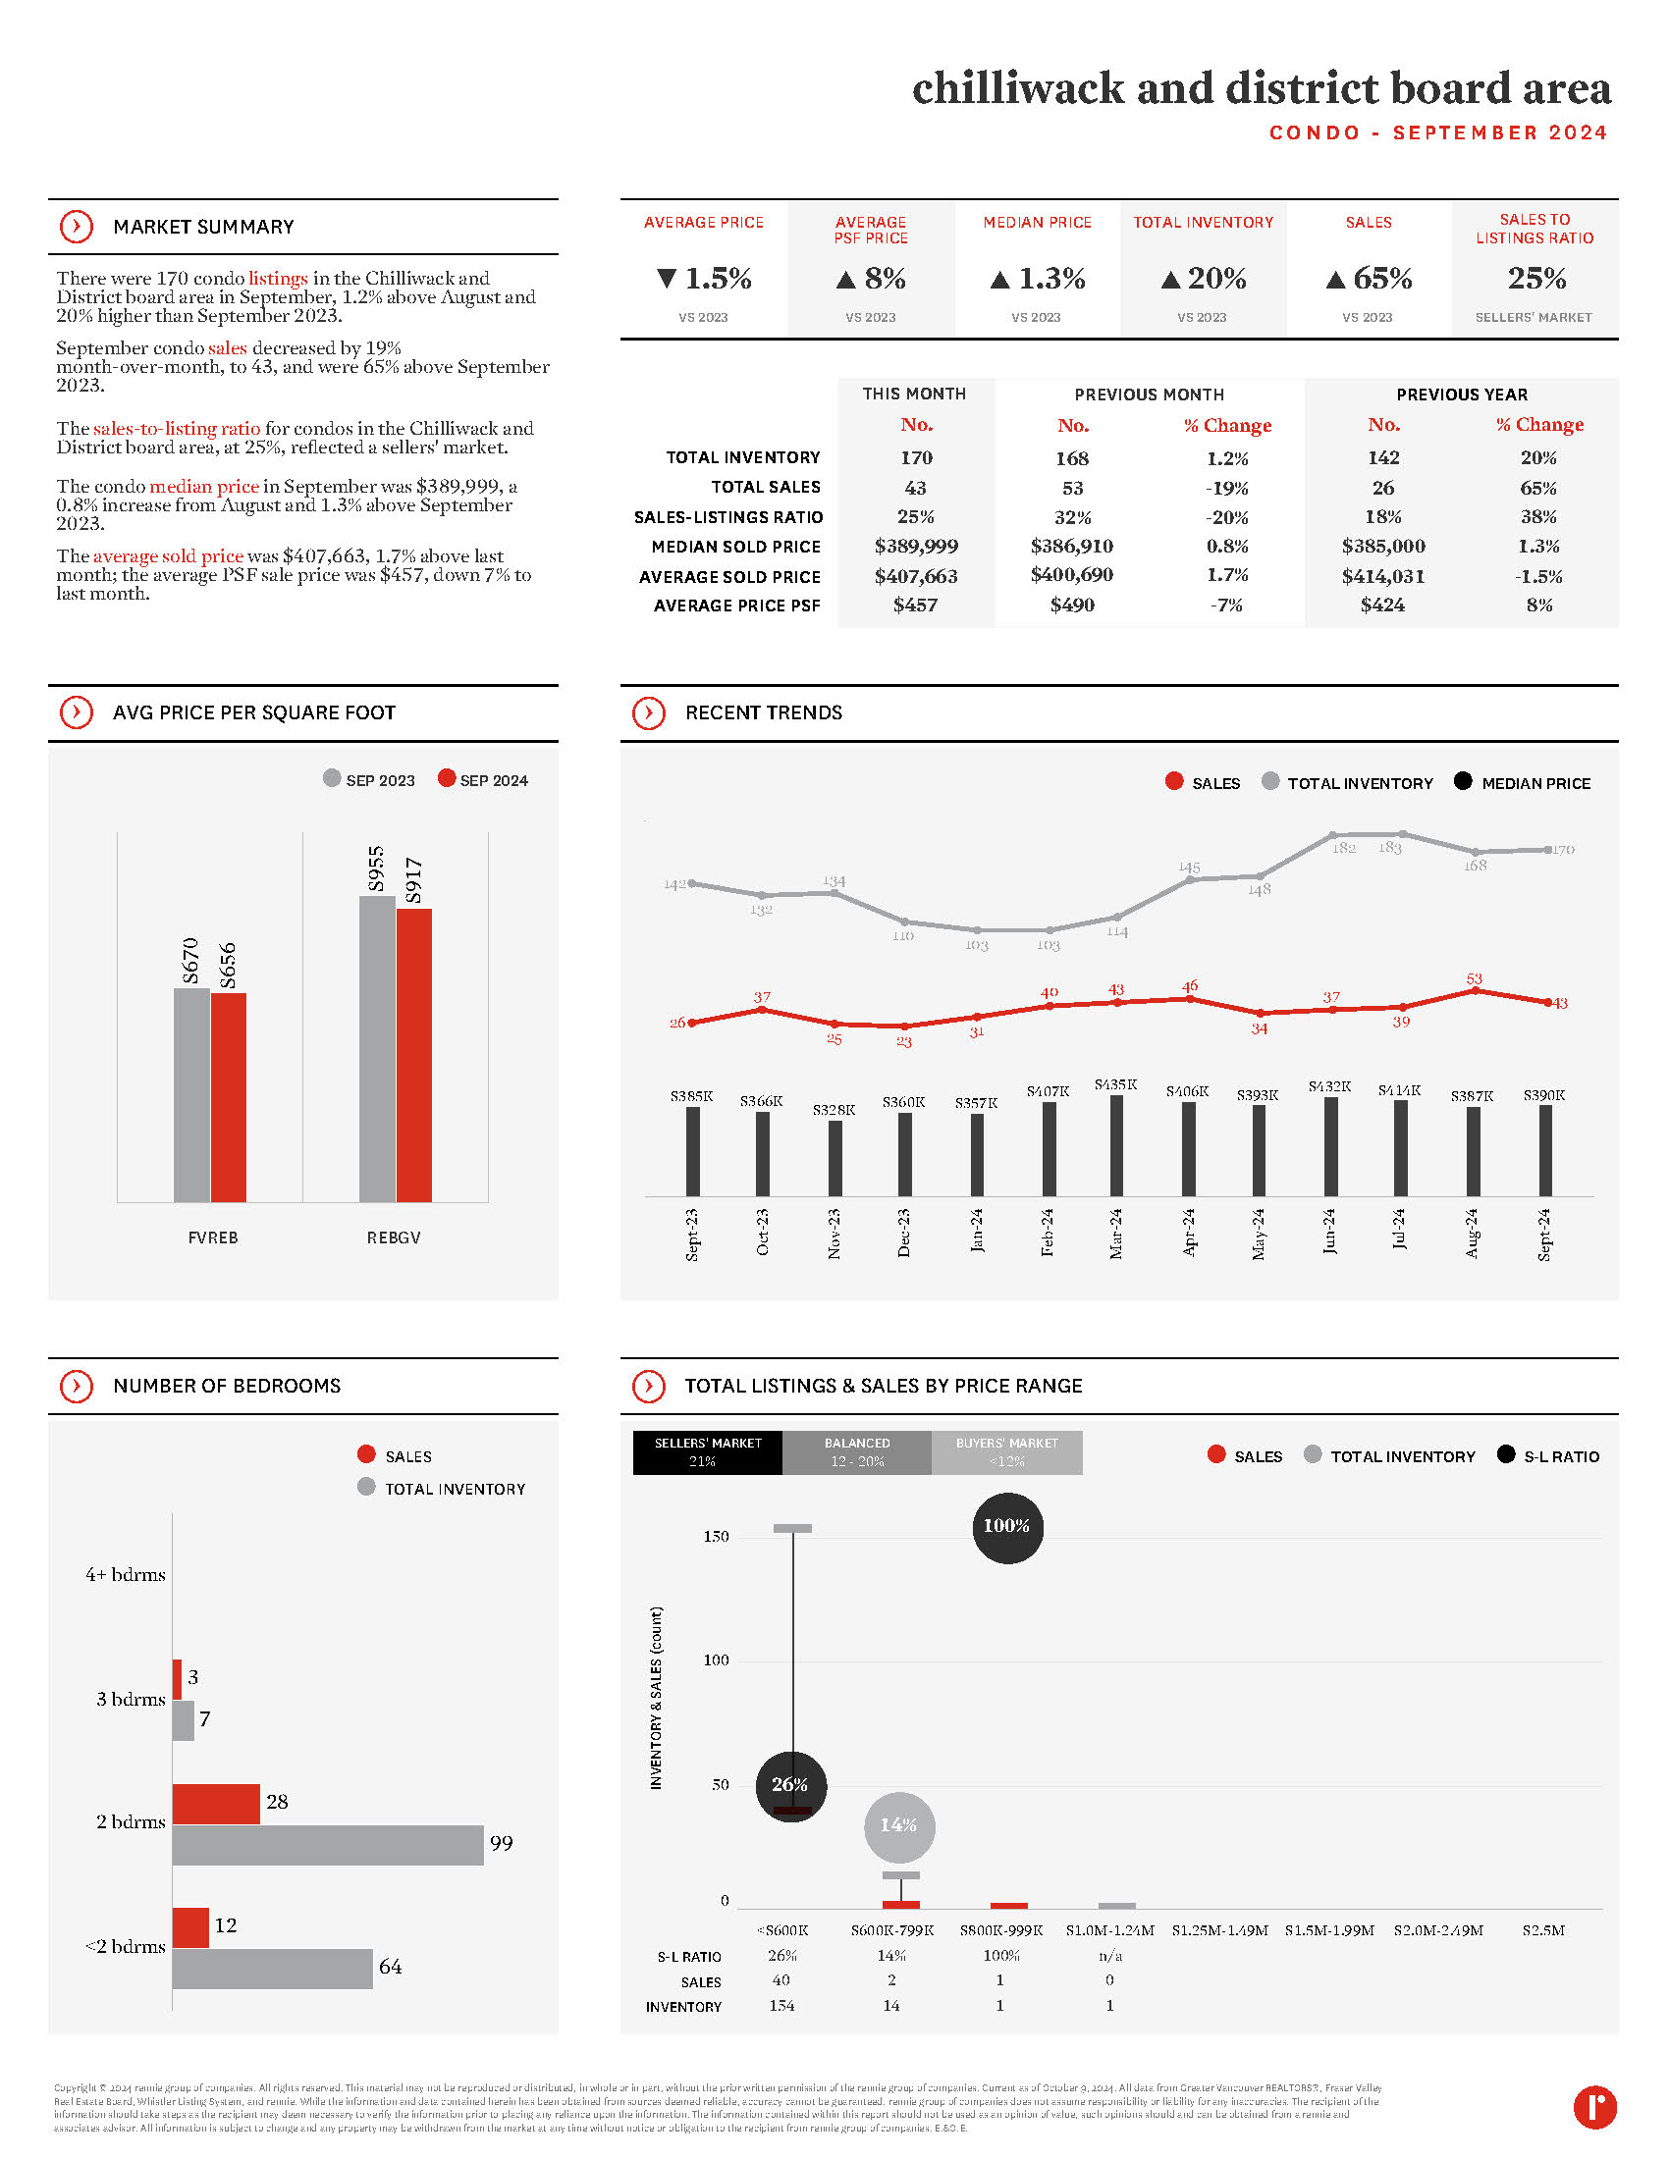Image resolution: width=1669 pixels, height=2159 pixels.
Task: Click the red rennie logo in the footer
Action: (x=1593, y=2107)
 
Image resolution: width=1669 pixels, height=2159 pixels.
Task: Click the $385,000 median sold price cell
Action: (x=1382, y=546)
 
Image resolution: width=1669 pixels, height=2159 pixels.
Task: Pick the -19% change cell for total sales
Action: (x=1226, y=488)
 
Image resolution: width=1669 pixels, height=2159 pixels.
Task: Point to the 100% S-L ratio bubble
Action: (x=1006, y=1526)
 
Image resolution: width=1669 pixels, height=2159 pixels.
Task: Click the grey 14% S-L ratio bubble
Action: (x=897, y=1825)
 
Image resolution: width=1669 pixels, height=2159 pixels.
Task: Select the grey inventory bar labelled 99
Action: (x=327, y=1845)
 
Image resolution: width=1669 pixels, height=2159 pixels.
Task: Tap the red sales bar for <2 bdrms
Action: (x=189, y=1926)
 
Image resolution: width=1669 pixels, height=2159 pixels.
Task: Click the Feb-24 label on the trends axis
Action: (x=1048, y=1232)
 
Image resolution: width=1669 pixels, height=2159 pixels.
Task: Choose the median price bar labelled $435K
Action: (x=1116, y=1144)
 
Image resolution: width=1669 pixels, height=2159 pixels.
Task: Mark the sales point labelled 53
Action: (x=1475, y=990)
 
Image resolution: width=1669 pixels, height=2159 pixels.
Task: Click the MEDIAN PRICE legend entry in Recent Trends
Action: (x=1523, y=783)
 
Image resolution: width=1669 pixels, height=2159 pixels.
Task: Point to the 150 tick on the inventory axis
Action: (x=716, y=1536)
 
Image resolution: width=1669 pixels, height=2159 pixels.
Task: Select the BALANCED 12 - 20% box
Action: (x=856, y=1452)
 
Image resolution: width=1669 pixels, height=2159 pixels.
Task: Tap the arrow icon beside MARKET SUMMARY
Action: (x=77, y=227)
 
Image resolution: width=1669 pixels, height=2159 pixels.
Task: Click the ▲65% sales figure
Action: (x=1369, y=279)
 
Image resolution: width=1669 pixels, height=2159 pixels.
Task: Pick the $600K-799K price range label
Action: (x=891, y=1929)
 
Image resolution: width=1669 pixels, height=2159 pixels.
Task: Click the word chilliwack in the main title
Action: (x=1017, y=88)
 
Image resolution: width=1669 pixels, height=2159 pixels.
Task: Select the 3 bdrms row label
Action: (x=130, y=1699)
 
